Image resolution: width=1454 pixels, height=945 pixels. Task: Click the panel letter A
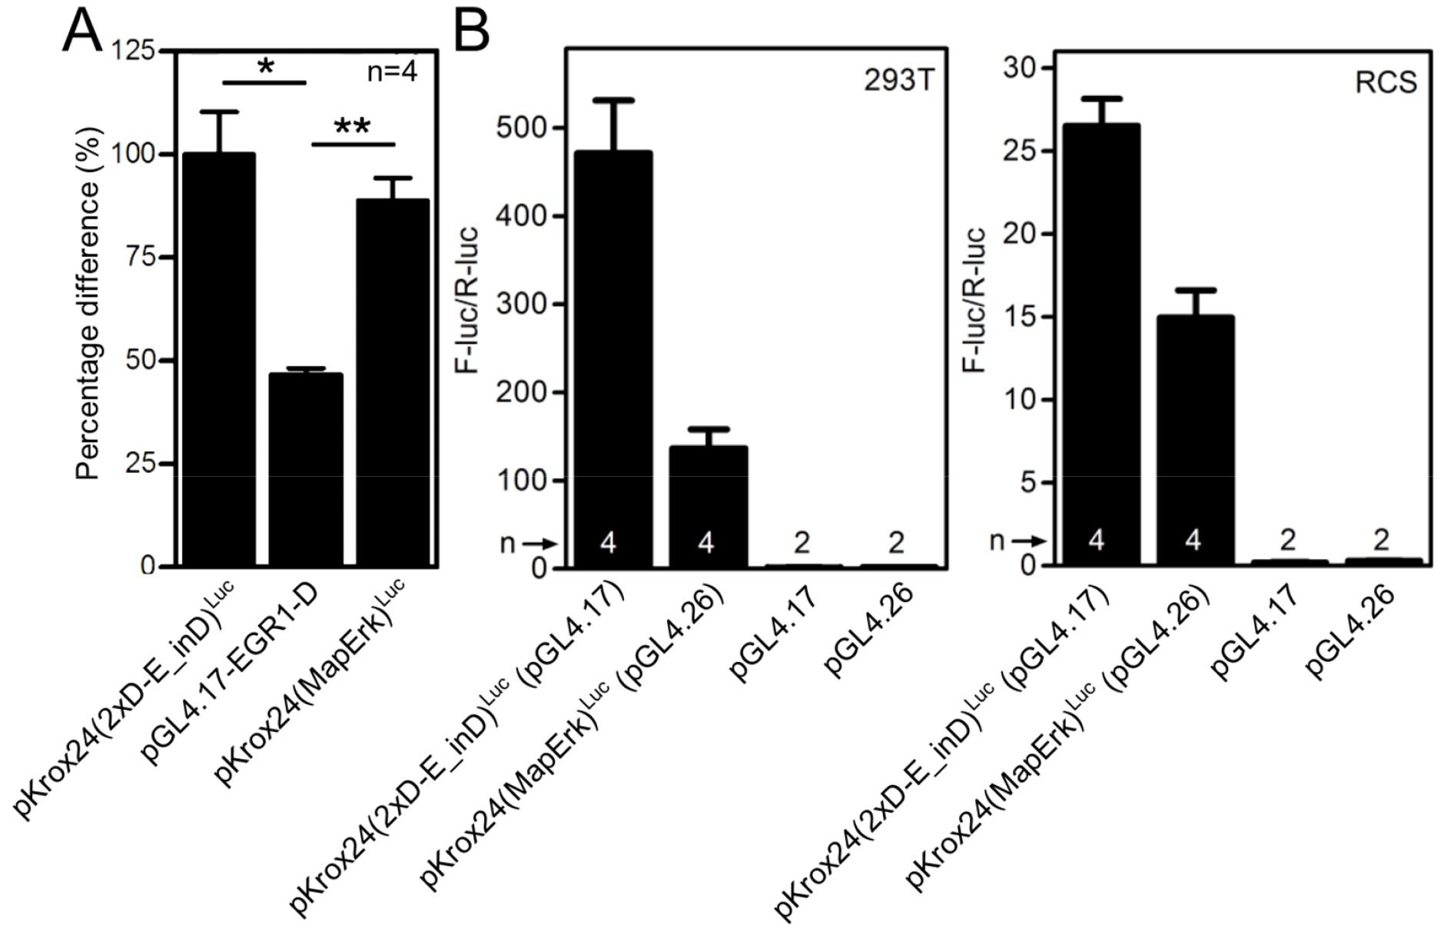81,32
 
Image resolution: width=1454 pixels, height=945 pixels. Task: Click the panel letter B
471,32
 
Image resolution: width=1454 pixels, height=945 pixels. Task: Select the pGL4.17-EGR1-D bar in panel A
306,469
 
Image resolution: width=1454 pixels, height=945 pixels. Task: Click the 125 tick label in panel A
134,52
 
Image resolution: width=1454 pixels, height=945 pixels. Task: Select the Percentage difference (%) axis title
88,304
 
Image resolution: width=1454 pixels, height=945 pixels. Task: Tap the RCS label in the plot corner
1386,82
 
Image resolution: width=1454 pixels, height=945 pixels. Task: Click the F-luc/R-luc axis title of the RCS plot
974,300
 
